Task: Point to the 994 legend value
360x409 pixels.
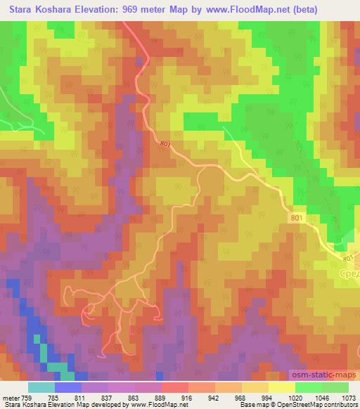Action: pos(268,397)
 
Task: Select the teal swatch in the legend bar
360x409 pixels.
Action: pos(41,387)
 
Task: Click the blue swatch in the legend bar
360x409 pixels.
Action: pos(68,387)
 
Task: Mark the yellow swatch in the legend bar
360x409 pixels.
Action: pos(281,387)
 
